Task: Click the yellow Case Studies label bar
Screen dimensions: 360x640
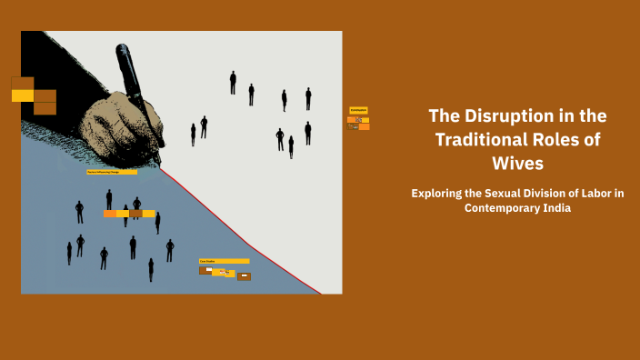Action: pos(224,261)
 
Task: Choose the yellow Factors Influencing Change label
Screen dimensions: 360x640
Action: pos(112,172)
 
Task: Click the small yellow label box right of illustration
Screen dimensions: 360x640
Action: pos(358,110)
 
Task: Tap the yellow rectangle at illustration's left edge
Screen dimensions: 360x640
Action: pos(23,95)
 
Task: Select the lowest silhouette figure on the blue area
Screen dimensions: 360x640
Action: pos(151,270)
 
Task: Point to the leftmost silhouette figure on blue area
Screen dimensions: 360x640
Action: pos(69,253)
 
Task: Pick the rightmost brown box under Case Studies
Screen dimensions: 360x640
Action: pos(244,275)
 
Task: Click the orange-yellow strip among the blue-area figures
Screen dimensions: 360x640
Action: pos(129,214)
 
